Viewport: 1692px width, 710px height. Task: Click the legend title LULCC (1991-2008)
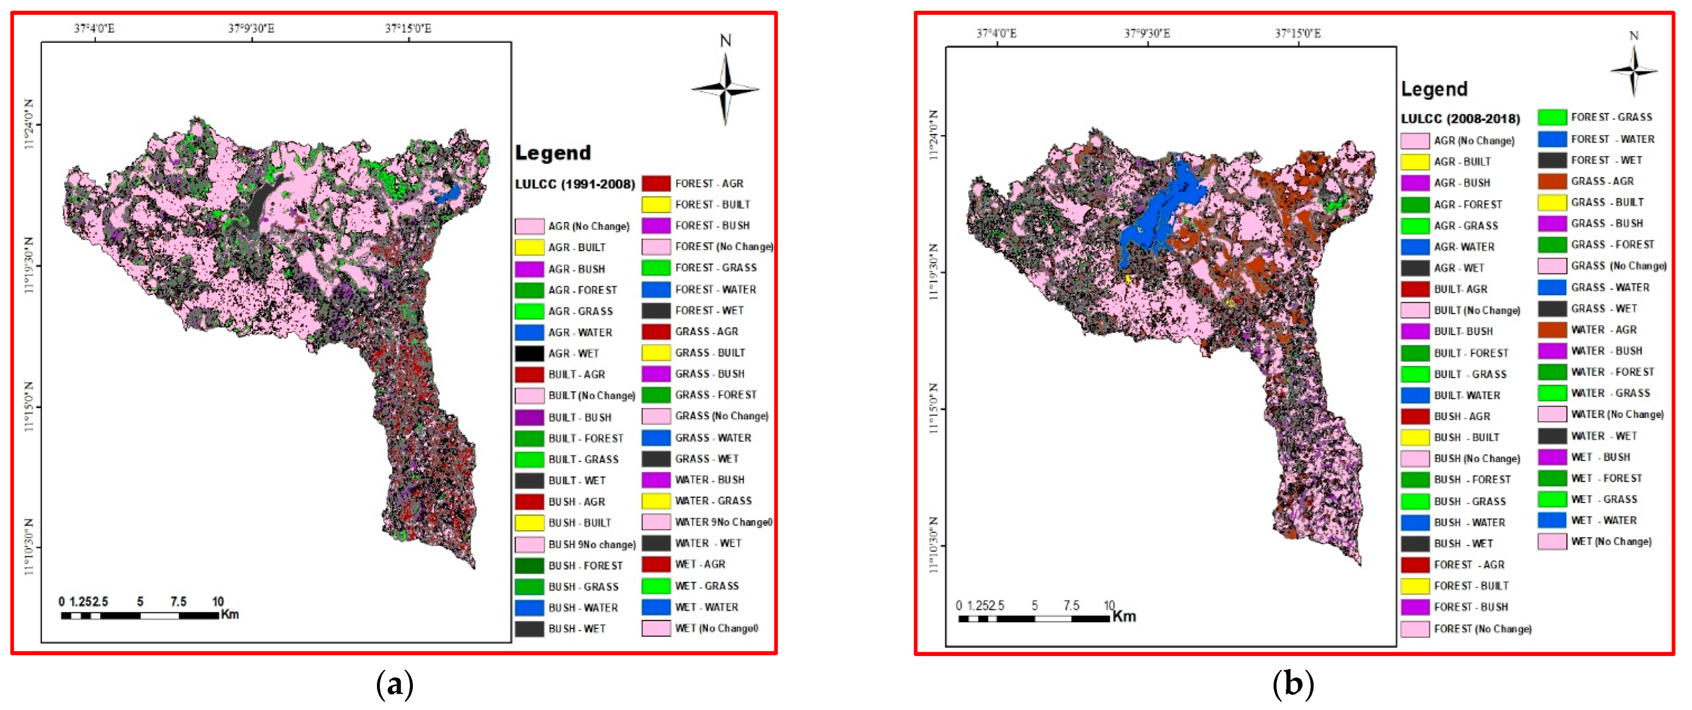575,184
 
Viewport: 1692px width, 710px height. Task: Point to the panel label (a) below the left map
395,684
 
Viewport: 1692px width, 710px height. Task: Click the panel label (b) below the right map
1293,684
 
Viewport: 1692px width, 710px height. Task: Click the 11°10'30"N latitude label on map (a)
29,547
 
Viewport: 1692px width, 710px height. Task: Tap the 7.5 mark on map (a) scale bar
178,601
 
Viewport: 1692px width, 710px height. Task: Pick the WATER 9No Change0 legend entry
723,522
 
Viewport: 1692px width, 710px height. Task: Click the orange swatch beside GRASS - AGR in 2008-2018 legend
1552,181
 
